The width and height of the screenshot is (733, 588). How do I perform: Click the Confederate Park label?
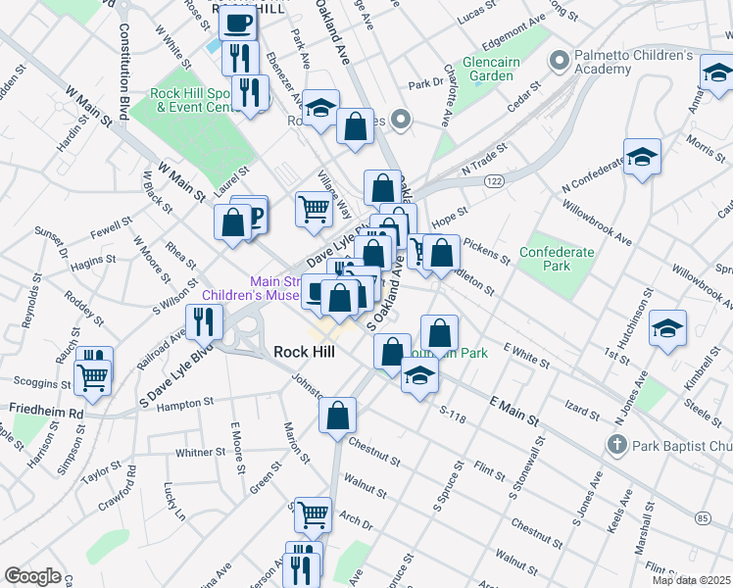(x=556, y=259)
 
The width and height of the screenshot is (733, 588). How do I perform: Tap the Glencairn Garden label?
(x=491, y=68)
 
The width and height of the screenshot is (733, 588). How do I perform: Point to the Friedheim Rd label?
(x=47, y=414)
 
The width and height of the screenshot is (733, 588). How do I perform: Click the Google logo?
(x=32, y=576)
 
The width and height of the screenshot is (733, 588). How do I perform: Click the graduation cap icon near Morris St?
(x=642, y=156)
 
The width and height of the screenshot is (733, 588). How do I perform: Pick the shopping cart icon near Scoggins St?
(x=93, y=373)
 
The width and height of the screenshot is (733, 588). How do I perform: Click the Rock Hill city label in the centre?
(x=304, y=352)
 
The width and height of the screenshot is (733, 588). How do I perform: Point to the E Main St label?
(x=513, y=410)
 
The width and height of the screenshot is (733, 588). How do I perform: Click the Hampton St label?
(x=186, y=403)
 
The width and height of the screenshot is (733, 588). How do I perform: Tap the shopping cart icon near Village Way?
(x=314, y=208)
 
